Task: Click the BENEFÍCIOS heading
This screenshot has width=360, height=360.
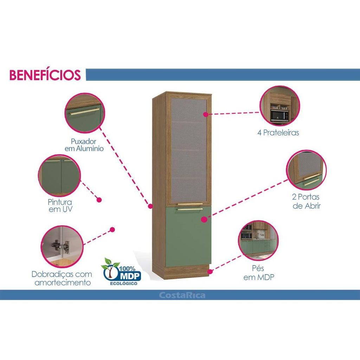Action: pos(45,75)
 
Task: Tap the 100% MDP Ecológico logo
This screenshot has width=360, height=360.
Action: pos(121,272)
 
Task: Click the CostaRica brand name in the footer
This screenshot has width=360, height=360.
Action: pos(182,295)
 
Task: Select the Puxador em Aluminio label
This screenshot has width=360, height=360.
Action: pos(84,145)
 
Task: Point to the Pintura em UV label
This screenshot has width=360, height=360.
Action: pos(60,205)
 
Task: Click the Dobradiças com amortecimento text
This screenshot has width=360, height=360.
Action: pos(62,278)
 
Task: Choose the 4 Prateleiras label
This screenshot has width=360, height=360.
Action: pos(278,133)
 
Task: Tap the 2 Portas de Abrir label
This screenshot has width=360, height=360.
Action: pos(306,201)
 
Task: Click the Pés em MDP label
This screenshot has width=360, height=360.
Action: pos(259,272)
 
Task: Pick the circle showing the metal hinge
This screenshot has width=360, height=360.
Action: pos(62,246)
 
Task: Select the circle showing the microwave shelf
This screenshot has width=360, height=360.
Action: pos(279,106)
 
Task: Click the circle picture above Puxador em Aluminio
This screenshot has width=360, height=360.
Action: pos(84,113)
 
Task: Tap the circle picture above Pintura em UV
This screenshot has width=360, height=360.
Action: pos(59,175)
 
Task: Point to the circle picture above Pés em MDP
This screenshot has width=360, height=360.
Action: pos(258,240)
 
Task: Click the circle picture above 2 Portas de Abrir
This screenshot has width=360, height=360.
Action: pos(306,170)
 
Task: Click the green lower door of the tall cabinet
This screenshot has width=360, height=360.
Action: pos(188,237)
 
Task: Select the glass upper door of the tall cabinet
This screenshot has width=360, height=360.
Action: pos(189,149)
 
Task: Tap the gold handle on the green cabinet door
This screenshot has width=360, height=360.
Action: pos(189,209)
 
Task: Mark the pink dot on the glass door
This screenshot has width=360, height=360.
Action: pos(206,114)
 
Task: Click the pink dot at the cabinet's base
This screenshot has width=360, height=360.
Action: pos(210,271)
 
